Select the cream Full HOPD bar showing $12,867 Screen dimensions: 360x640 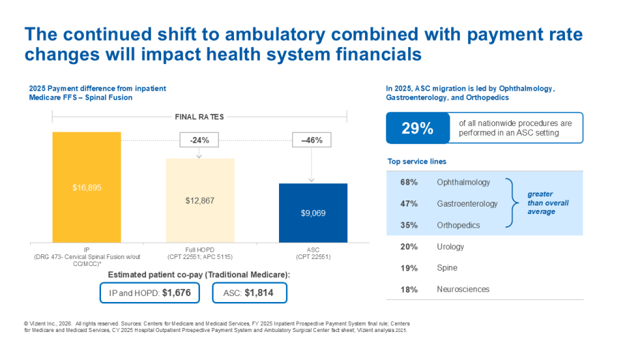[200, 200]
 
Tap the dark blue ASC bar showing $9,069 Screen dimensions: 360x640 [313, 213]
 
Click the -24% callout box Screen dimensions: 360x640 [199, 140]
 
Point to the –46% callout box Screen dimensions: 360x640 [311, 140]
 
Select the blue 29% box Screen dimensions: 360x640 [418, 128]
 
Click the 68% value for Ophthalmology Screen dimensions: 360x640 [409, 182]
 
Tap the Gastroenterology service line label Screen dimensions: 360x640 [467, 204]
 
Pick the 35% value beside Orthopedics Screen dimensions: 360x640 [409, 225]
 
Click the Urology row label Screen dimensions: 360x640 [450, 247]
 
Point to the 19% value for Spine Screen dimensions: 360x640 [409, 268]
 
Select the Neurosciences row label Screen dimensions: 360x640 [463, 290]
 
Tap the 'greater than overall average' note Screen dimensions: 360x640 [547, 203]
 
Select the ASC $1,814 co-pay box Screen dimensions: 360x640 [245, 293]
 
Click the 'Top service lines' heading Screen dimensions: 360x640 [416, 162]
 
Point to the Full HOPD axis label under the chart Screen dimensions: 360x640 [200, 253]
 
